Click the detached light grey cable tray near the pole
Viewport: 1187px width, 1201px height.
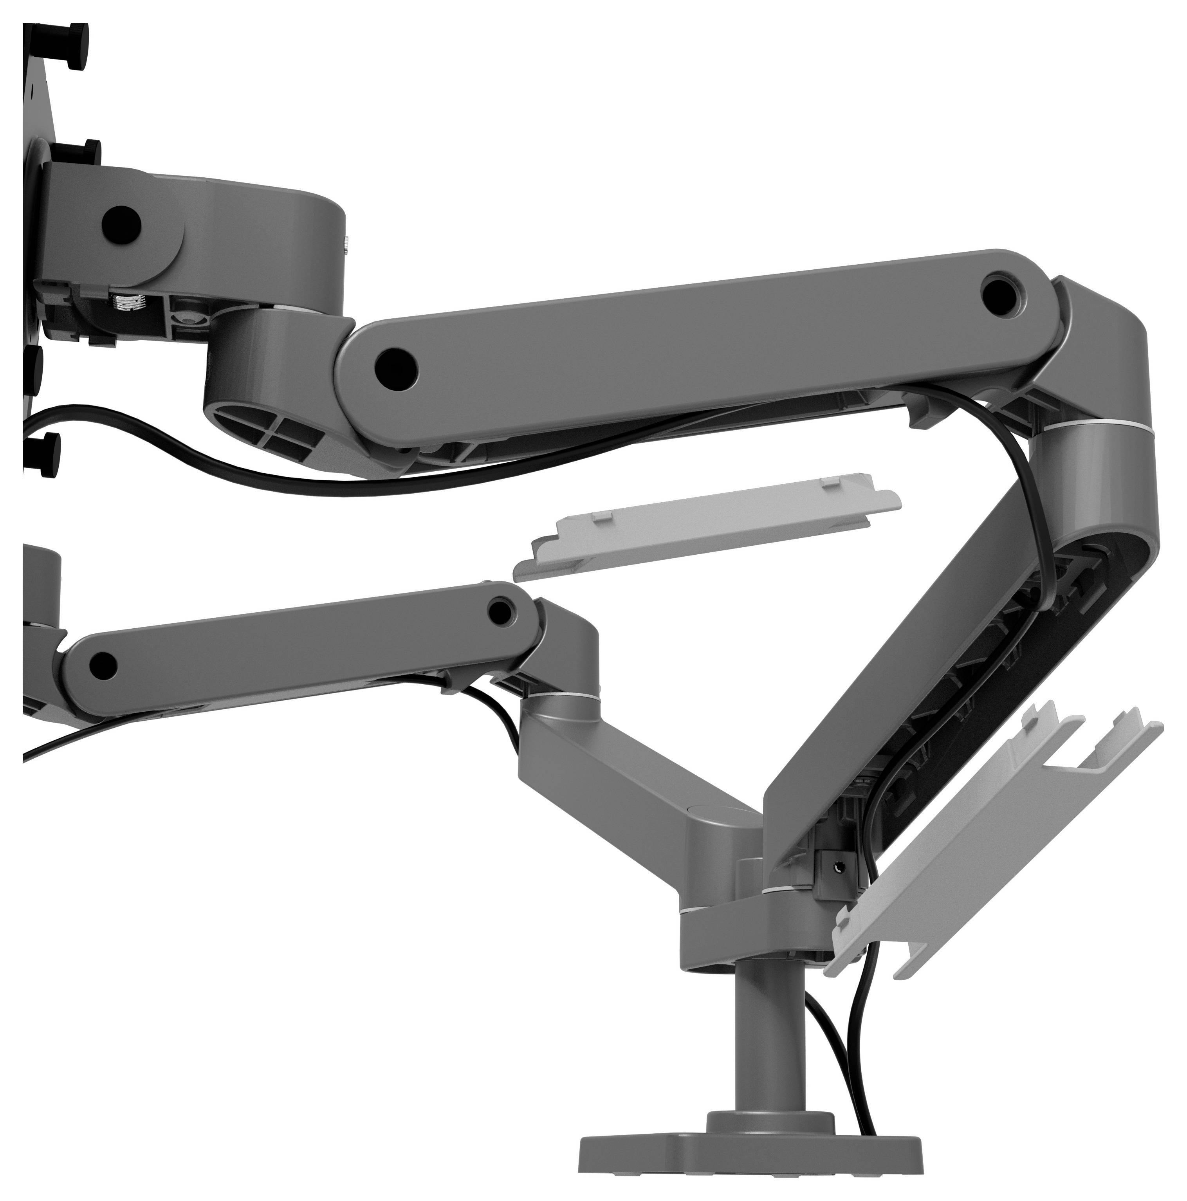coord(995,827)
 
